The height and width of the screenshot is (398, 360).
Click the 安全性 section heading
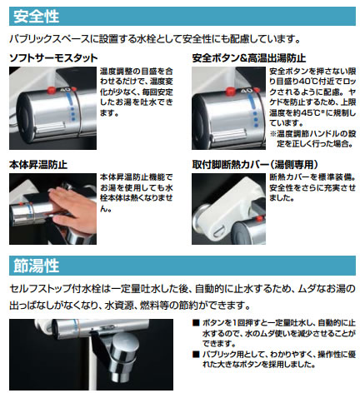[x=37, y=17]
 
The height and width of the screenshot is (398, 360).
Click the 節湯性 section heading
[x=37, y=266]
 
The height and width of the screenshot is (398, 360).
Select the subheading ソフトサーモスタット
[x=53, y=58]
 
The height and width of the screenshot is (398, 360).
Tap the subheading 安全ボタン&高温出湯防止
[x=248, y=58]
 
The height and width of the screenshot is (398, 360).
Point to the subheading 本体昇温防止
[x=38, y=165]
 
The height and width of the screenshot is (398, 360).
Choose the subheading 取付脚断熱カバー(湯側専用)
[x=255, y=165]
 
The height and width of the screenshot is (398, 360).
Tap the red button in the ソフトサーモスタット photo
[x=52, y=90]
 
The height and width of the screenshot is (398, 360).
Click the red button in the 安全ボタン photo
[x=230, y=90]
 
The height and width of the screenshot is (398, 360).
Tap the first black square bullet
[x=196, y=323]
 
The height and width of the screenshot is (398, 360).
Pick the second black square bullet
[x=196, y=354]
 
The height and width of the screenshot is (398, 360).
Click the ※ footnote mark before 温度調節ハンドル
[x=272, y=134]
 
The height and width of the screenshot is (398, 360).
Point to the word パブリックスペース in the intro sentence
[x=49, y=39]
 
